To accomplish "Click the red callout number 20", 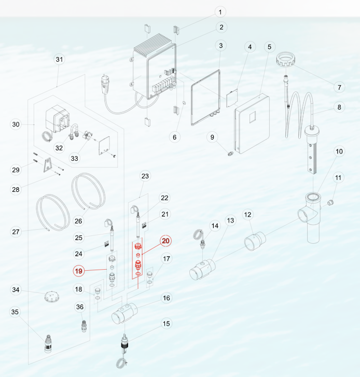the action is (x=165, y=241).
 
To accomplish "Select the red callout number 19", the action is (x=79, y=271).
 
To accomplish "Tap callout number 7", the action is (x=339, y=87).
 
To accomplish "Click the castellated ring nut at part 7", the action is (x=286, y=60).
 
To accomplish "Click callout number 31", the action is (x=60, y=60).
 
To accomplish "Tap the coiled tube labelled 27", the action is (x=53, y=213).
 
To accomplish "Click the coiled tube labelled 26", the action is (x=88, y=191).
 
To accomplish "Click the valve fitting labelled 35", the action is (x=48, y=344).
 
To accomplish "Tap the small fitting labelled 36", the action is (x=84, y=326).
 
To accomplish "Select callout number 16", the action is (x=167, y=298).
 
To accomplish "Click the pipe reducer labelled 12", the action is (x=255, y=241).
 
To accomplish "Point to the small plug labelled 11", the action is (x=330, y=203).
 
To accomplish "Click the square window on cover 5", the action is (x=253, y=117).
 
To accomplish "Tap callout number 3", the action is (x=221, y=46).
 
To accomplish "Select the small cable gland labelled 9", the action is (x=231, y=153).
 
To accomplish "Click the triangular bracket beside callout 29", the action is (x=48, y=165).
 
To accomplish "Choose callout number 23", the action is (x=145, y=176).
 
